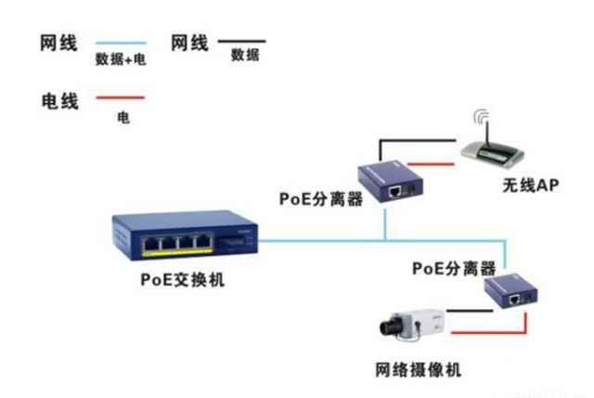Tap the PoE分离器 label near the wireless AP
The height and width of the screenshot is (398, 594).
point(320,199)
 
